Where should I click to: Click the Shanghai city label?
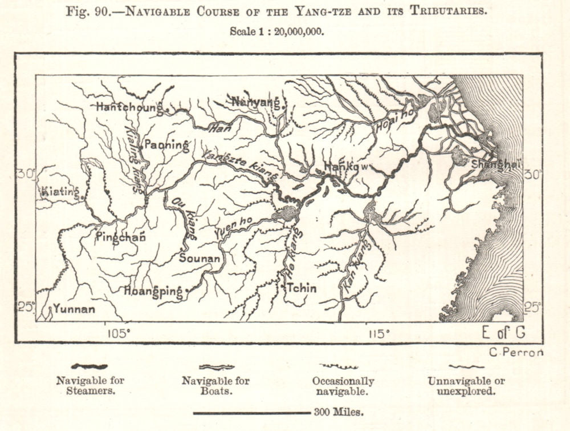click(x=495, y=164)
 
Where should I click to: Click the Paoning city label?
click(x=166, y=145)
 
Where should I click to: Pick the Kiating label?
click(x=59, y=192)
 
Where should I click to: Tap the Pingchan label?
click(x=120, y=237)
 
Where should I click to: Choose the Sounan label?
click(x=199, y=258)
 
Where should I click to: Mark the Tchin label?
click(x=301, y=288)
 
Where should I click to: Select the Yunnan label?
click(x=74, y=310)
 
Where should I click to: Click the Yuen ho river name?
click(x=231, y=226)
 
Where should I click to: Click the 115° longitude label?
click(x=378, y=333)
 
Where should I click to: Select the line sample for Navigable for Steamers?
click(x=89, y=366)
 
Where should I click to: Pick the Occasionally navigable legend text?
click(x=343, y=386)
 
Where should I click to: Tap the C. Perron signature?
click(x=516, y=352)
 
